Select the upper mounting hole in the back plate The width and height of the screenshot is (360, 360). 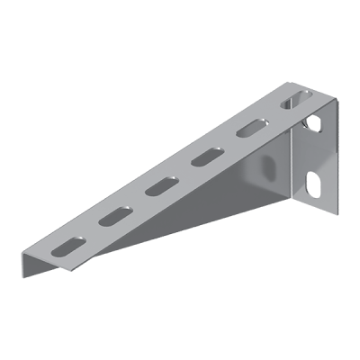pyautogui.click(x=314, y=121)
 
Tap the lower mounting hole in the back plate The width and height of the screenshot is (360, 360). pyautogui.click(x=315, y=184)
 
